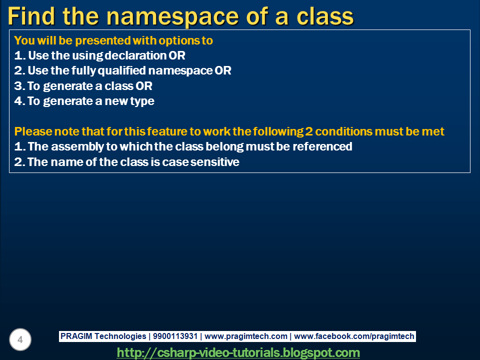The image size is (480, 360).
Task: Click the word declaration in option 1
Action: pos(137,55)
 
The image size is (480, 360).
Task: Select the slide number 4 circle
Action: pos(20,340)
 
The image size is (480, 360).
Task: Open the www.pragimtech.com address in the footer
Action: pos(246,336)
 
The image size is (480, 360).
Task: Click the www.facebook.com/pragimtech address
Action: pos(354,336)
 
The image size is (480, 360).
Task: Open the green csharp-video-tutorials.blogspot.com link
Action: pos(238,352)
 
